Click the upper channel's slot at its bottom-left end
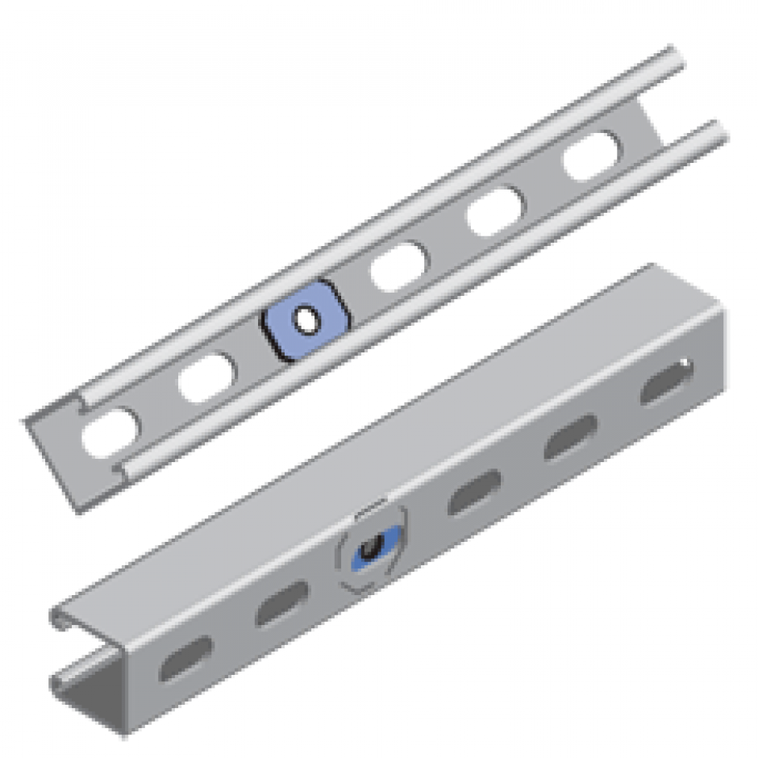click(x=110, y=432)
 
